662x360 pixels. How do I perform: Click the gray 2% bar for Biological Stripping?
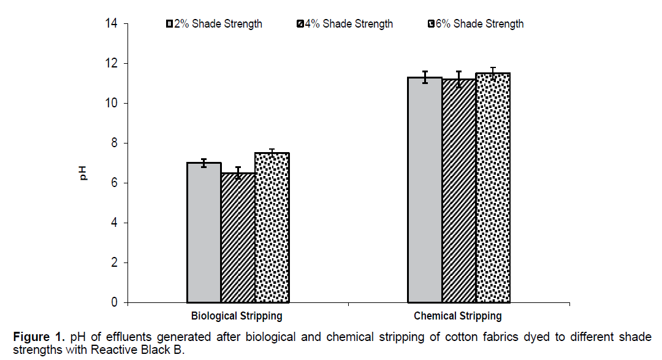[x=204, y=232]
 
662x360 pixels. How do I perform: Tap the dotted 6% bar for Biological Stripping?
[x=272, y=228]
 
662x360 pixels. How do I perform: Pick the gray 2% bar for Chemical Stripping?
[x=425, y=190]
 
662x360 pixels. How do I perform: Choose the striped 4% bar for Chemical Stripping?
[x=459, y=191]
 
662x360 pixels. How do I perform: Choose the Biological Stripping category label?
[x=237, y=316]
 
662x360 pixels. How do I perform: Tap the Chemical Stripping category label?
[x=458, y=316]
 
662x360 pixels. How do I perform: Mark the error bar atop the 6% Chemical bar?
[x=493, y=73]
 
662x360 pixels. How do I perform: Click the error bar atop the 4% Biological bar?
[x=238, y=172]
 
